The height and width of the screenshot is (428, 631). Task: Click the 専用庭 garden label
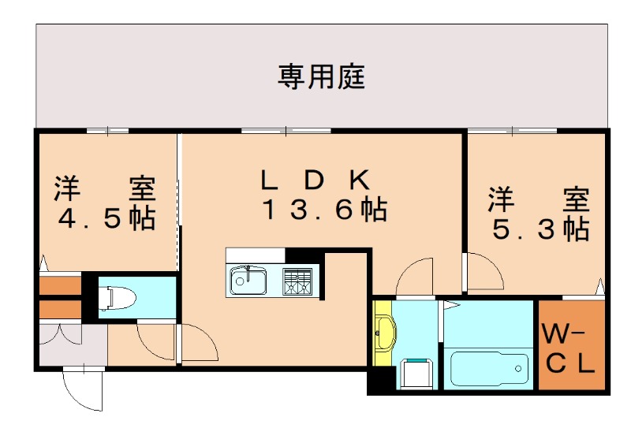coord(320,76)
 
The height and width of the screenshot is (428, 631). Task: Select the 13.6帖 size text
coord(324,210)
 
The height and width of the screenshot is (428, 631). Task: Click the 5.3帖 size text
coord(541,229)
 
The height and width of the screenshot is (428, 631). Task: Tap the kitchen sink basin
coord(248,280)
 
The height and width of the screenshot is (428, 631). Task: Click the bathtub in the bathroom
coord(488,367)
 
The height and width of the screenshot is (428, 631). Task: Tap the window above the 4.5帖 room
coord(107,130)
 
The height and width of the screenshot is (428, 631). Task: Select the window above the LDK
coord(286,130)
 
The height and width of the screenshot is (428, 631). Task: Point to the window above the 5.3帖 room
coord(511,130)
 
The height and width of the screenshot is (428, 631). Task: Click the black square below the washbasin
coord(379,382)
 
